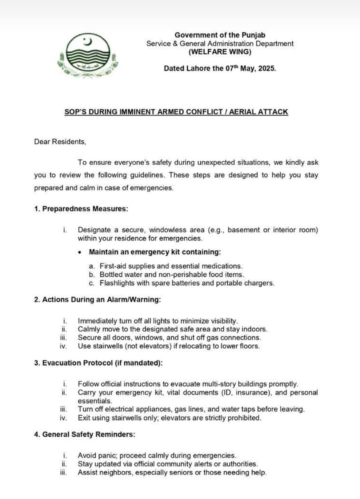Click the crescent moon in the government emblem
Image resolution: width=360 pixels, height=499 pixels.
[x=88, y=42]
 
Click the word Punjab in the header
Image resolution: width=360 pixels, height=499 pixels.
[x=253, y=35]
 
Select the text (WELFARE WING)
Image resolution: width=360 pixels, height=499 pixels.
[x=220, y=52]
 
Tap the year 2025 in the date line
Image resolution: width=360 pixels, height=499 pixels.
[x=266, y=68]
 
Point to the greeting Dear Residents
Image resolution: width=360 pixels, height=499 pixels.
[x=60, y=142]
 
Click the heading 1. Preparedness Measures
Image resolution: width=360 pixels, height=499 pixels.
[x=81, y=209]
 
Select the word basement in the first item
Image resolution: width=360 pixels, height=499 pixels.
[x=244, y=230]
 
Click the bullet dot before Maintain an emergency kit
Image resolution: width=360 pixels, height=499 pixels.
[x=79, y=253]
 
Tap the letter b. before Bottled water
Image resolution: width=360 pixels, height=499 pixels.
[x=92, y=275]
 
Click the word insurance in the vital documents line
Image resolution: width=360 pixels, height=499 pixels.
[x=252, y=393]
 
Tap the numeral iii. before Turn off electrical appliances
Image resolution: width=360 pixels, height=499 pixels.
[x=63, y=409]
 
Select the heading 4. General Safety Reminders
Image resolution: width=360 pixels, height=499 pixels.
[x=84, y=435]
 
